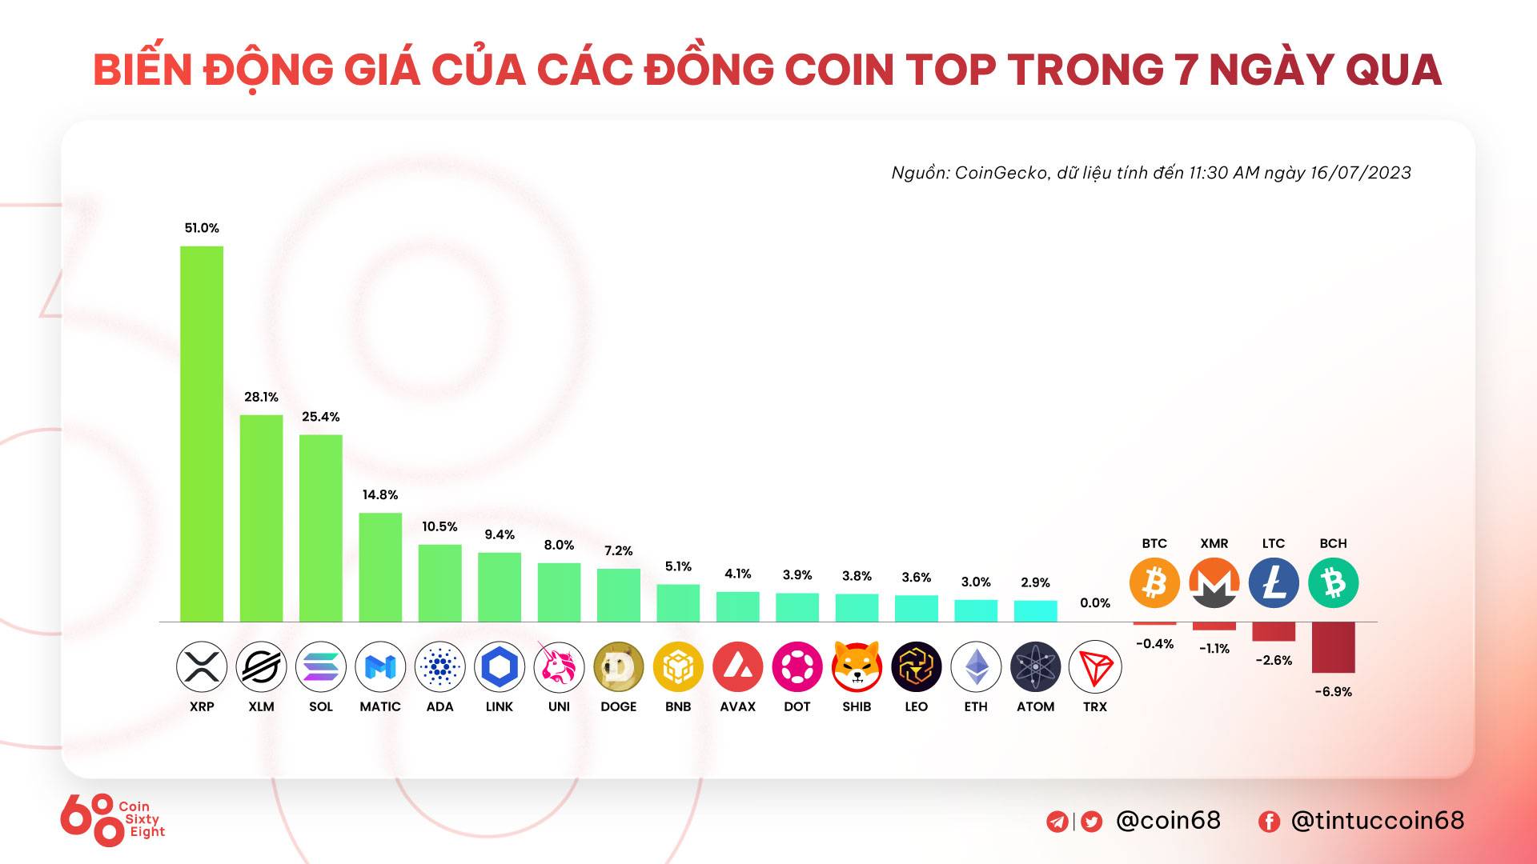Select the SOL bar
(x=321, y=528)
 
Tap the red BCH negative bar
(x=1334, y=647)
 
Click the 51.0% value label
(x=202, y=228)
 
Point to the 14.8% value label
(x=380, y=495)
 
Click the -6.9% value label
(x=1334, y=692)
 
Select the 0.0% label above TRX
(x=1095, y=603)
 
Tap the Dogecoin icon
(x=619, y=666)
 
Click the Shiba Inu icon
(x=857, y=666)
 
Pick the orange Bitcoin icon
(x=1154, y=582)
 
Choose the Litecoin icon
(x=1274, y=582)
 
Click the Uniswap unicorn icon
(x=559, y=666)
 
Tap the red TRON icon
(x=1095, y=666)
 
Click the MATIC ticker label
(x=380, y=707)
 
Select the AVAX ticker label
(x=737, y=707)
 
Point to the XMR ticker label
(x=1214, y=544)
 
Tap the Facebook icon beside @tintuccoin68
(x=1269, y=822)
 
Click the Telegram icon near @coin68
(x=1057, y=822)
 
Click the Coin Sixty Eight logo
(x=112, y=820)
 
